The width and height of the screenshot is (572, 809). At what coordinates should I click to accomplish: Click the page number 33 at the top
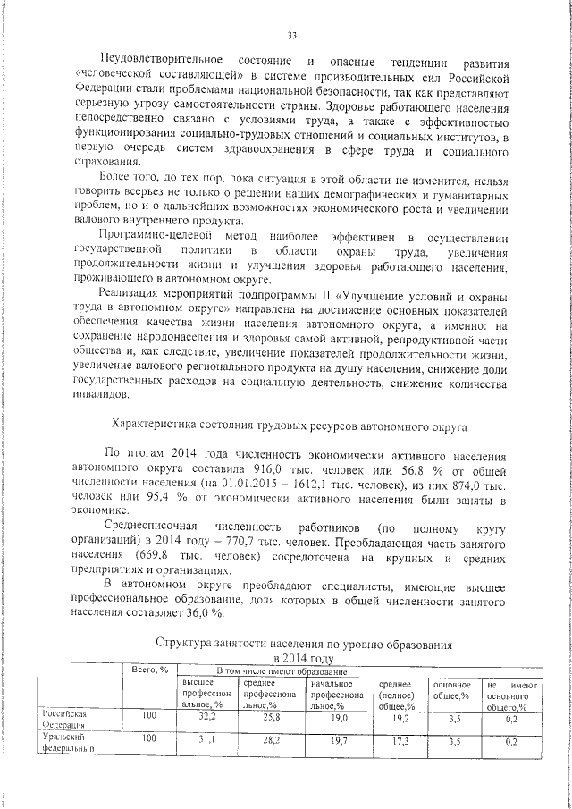coord(291,36)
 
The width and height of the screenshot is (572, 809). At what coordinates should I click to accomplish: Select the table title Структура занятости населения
coord(304,643)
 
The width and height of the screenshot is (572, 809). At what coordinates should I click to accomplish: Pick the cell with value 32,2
coord(207,717)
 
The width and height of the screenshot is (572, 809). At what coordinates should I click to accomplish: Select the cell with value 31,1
coord(207,740)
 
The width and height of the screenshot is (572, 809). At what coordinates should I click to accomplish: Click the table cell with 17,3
coord(400,740)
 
